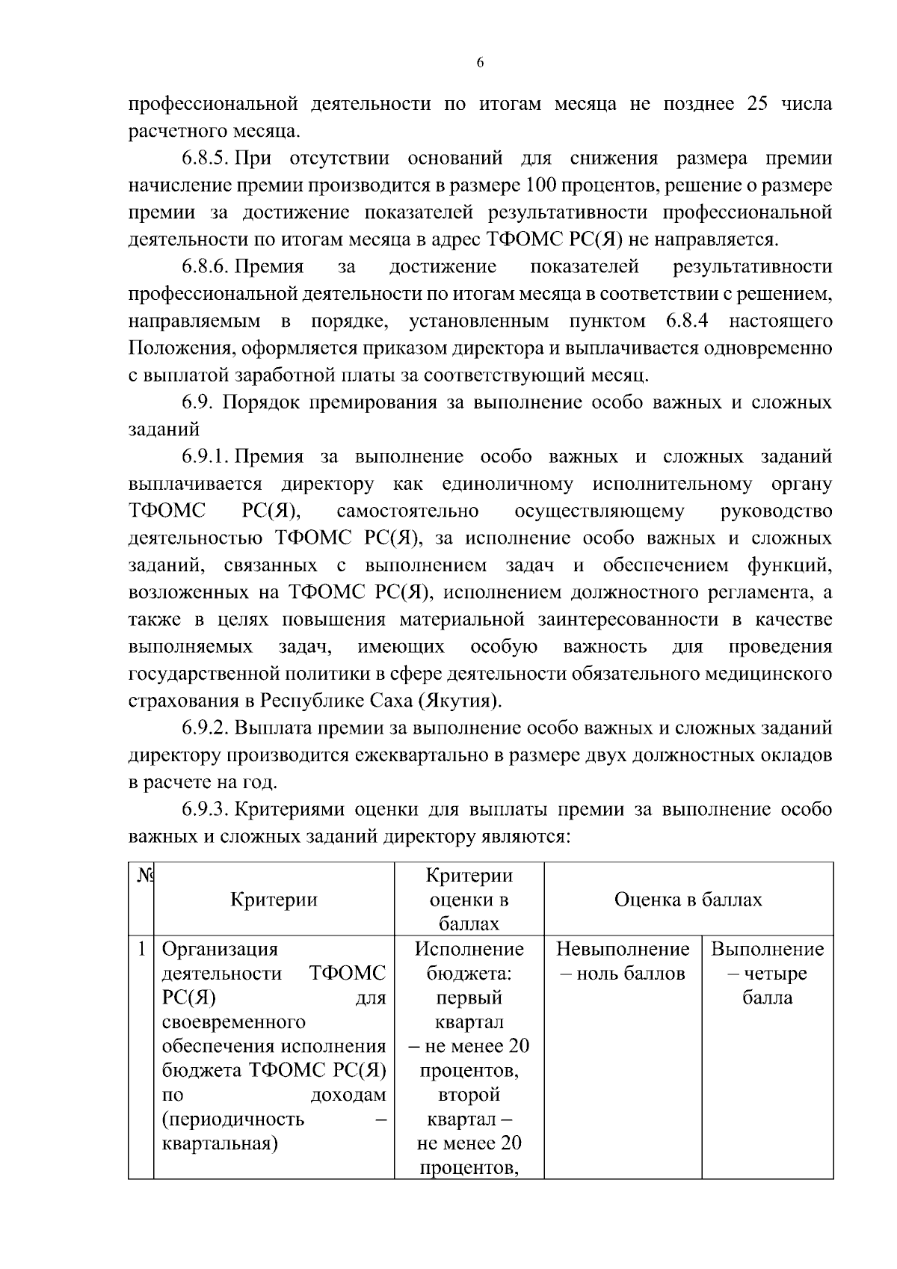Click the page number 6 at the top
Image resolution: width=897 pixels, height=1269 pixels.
[480, 64]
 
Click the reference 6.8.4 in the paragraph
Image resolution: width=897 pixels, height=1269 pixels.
[687, 322]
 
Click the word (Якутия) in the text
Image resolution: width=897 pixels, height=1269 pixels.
[460, 701]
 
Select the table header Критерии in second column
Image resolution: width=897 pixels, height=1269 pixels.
[274, 900]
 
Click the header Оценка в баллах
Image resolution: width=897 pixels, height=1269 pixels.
[688, 900]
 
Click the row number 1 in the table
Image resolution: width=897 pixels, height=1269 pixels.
[141, 950]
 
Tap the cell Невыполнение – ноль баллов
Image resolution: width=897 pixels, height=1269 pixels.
[623, 962]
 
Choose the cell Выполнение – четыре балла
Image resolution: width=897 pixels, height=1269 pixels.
[767, 974]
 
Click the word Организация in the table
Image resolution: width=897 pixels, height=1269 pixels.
[220, 950]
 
